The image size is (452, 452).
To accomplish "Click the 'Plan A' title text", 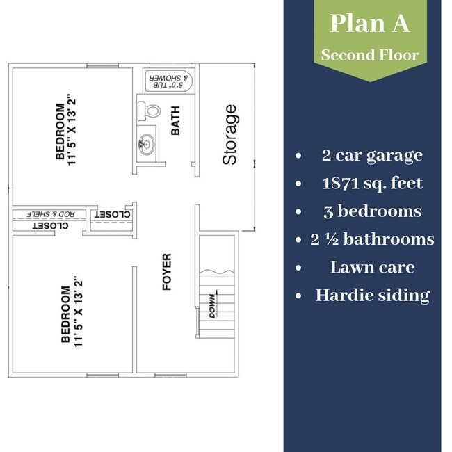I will click(369, 23).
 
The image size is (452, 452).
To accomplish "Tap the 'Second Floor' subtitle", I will click(369, 54).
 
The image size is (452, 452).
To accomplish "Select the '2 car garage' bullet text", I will click(372, 155).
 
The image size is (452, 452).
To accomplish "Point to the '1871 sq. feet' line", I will click(372, 184).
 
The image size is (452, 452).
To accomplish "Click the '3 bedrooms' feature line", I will click(372, 211).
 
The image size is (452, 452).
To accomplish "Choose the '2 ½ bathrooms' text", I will click(372, 239).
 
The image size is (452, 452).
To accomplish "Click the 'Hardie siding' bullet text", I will click(372, 295).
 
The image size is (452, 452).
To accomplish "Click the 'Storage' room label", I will click(229, 134).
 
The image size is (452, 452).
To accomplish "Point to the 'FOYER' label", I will click(166, 271).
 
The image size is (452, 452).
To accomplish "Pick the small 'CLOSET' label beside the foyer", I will click(111, 214).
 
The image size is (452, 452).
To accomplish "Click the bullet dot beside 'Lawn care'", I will click(298, 268).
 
